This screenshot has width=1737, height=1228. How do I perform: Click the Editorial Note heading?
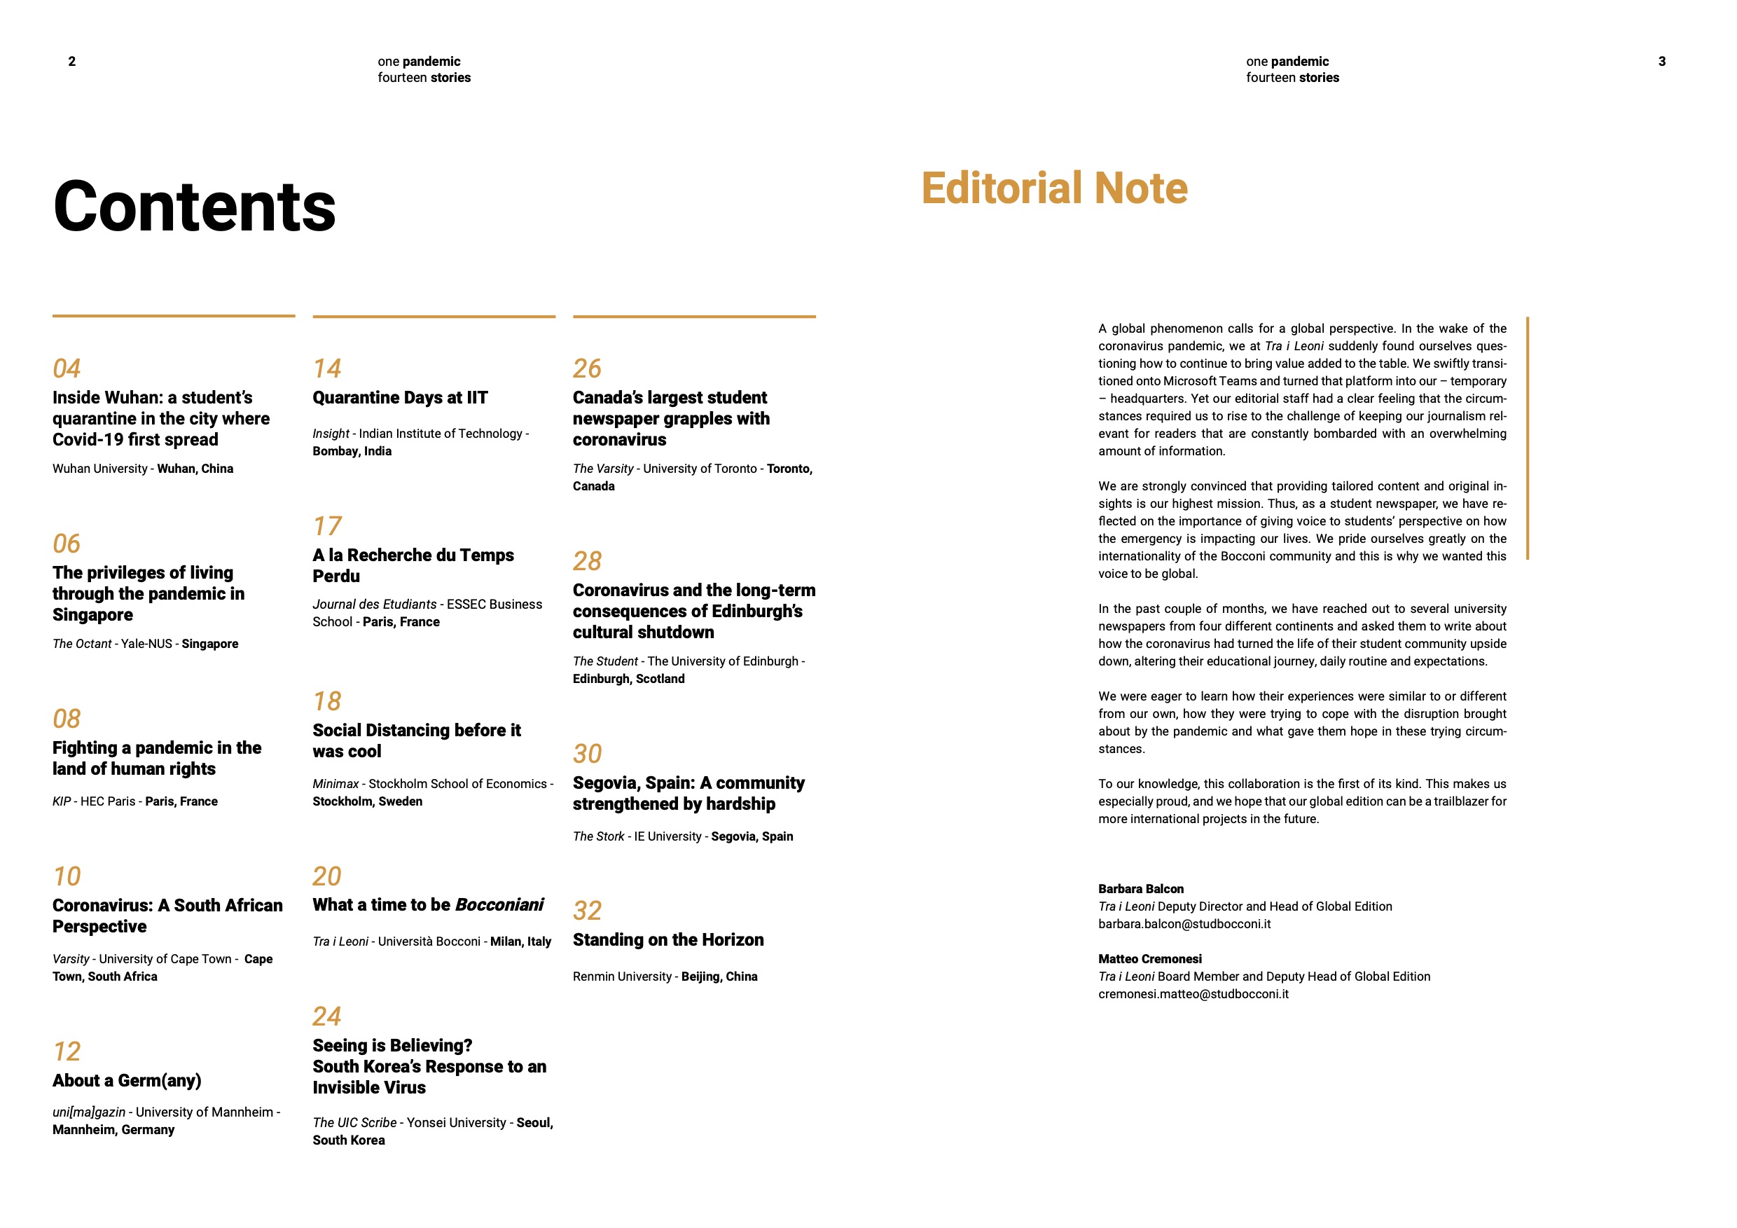1054,188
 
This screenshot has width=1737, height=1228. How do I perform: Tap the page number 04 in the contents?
67,368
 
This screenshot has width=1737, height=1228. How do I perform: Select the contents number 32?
587,910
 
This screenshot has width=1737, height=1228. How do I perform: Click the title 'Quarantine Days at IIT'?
400,397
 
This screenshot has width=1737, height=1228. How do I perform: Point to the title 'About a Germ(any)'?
126,1079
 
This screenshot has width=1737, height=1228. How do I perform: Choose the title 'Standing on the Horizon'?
668,939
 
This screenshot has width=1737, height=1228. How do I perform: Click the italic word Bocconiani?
499,905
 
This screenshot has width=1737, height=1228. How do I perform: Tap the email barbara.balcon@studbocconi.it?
1184,924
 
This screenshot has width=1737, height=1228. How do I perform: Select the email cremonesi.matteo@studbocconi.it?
1193,994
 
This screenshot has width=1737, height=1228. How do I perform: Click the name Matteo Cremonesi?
1149,958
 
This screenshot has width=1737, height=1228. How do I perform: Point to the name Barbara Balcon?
1141,889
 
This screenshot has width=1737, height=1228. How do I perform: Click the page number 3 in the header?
1662,61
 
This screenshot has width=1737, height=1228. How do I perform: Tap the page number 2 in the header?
72,61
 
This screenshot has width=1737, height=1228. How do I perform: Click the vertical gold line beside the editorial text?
1528,438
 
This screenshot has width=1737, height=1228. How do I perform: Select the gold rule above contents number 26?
693,316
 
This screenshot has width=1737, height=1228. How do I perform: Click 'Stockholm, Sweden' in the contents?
367,801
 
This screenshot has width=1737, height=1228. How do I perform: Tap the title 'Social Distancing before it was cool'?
416,740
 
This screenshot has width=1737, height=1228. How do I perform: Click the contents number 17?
327,526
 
